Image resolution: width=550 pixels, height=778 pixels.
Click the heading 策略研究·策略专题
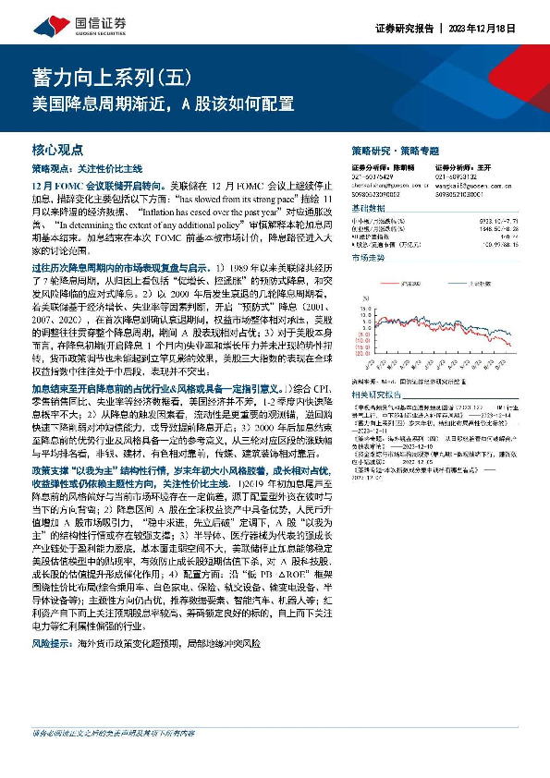pos(396,150)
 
